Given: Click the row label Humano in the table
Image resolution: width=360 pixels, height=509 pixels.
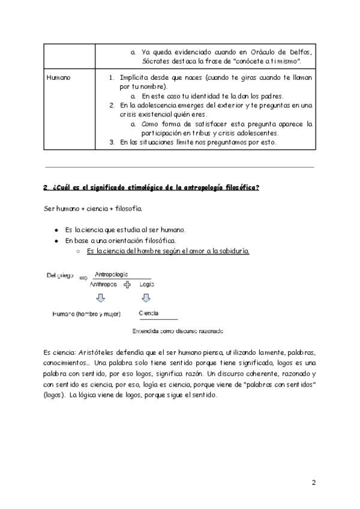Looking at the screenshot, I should tap(58, 78).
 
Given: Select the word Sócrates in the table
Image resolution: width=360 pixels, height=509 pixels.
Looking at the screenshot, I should tap(157, 61).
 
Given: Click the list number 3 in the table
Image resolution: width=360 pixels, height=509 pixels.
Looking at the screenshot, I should tap(112, 142).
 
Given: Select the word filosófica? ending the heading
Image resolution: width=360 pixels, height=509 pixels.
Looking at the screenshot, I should tap(238, 187).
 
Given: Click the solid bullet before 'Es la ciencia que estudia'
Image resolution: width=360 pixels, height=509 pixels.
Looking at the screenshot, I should tap(56, 230).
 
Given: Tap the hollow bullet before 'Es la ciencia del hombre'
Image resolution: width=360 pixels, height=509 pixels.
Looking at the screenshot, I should tap(78, 251).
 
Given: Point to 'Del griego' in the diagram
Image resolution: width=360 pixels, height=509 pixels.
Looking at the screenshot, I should tap(60, 276).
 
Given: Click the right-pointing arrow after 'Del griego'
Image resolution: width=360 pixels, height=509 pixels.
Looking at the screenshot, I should tap(84, 277).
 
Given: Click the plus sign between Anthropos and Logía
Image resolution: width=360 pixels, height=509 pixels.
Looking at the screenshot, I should tap(127, 287).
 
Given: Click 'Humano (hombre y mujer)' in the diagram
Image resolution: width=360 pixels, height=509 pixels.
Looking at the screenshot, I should tap(86, 313).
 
